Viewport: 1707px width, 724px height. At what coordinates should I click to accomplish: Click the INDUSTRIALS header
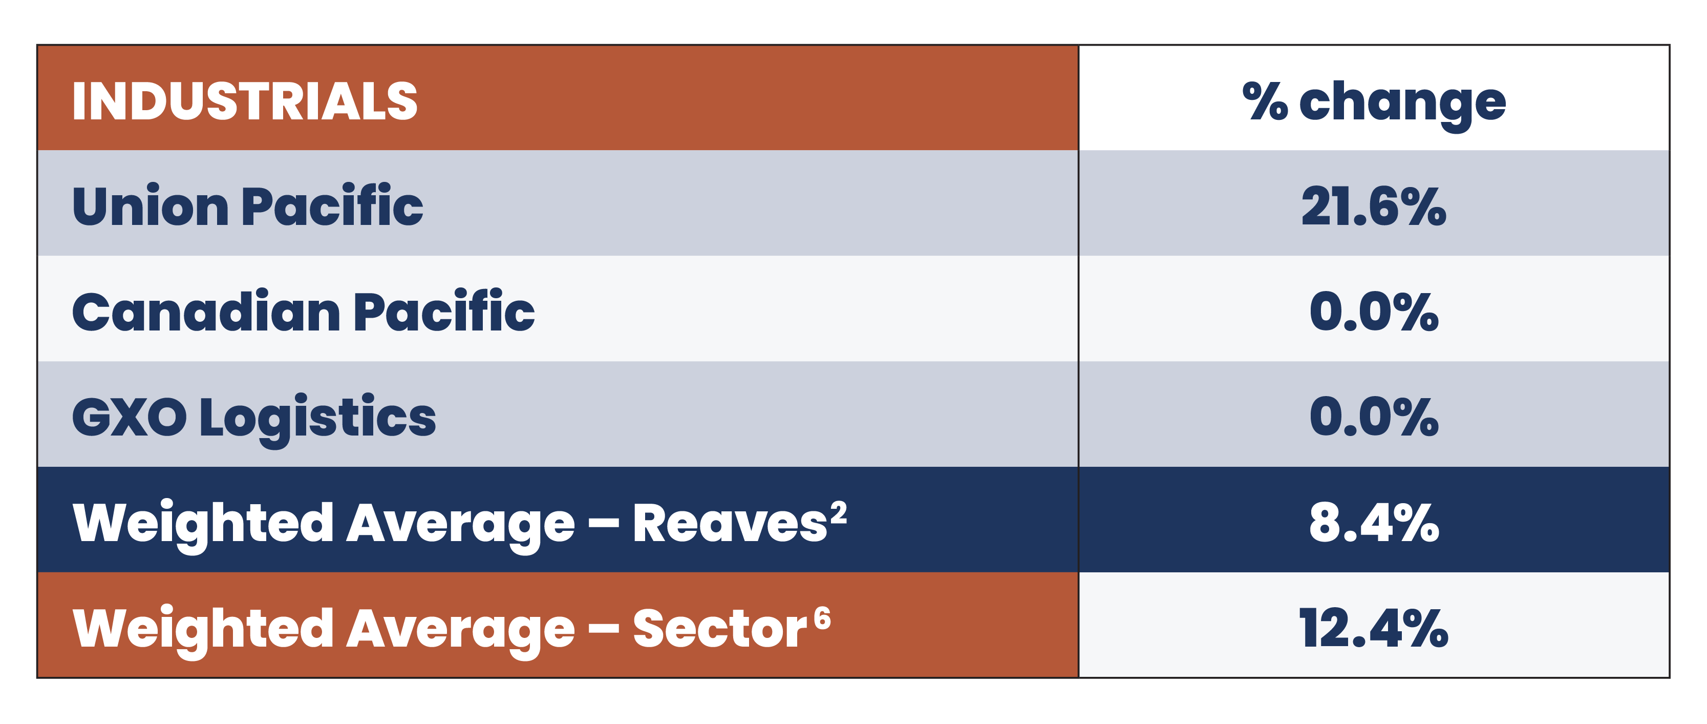tap(245, 101)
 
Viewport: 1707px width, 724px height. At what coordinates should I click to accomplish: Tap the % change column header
tap(1374, 104)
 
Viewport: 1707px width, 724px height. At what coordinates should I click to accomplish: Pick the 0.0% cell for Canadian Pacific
tap(1374, 312)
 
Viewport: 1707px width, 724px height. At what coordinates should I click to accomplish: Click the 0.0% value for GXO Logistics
tap(1374, 417)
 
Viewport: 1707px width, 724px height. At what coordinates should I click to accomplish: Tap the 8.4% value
tap(1374, 523)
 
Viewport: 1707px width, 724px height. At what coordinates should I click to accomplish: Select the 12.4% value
tap(1374, 629)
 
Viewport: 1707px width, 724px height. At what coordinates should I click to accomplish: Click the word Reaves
tap(730, 524)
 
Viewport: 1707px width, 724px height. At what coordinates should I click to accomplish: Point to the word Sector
tap(720, 629)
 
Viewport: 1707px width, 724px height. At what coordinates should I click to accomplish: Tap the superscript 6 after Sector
tap(822, 618)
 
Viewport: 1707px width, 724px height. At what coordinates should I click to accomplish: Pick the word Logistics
tap(317, 419)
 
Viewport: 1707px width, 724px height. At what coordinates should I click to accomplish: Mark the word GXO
tap(129, 418)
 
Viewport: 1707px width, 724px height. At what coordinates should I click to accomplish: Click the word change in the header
tap(1402, 105)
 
